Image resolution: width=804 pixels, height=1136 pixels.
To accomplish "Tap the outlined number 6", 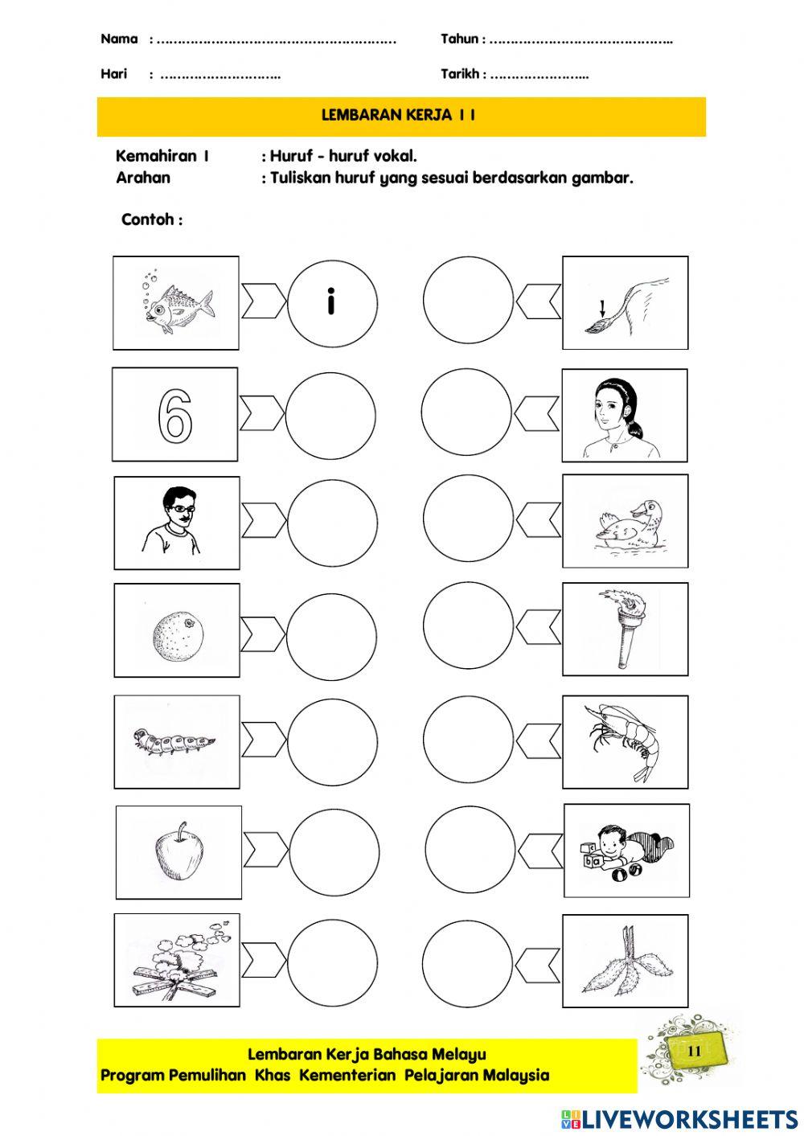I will point(175,416).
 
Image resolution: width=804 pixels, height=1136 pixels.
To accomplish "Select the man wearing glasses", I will point(174,522).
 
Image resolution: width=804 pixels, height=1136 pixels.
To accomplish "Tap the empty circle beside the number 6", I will point(330,415).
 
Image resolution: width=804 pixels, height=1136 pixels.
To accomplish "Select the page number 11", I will point(695,1051).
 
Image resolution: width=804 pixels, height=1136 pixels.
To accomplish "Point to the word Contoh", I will point(151,219).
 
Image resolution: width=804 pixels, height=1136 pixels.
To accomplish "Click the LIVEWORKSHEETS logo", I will point(679,1118).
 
